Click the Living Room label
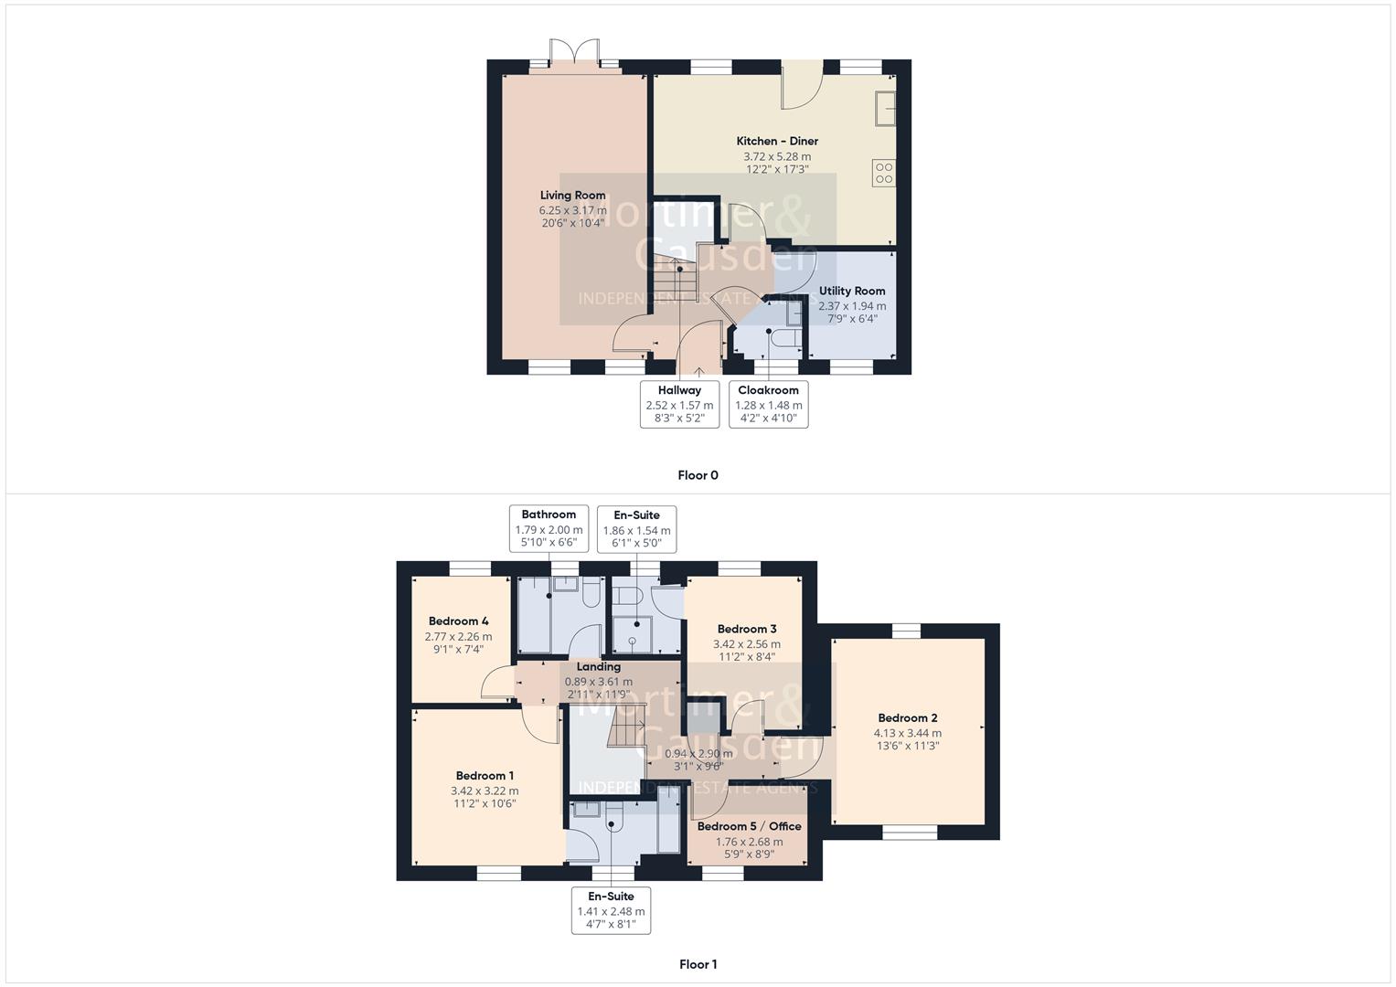tap(572, 195)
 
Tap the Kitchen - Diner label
tap(777, 141)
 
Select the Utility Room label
tap(851, 291)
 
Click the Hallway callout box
tap(679, 404)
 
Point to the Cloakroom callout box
tap(768, 404)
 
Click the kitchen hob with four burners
tap(883, 173)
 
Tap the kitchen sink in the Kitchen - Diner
tap(885, 109)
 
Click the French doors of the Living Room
tap(574, 53)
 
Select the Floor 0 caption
tap(698, 475)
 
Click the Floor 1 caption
tap(698, 964)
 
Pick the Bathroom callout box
tap(549, 528)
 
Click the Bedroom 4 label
tap(458, 621)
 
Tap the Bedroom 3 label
tap(747, 629)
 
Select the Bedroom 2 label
tap(907, 718)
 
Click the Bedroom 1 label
tap(485, 776)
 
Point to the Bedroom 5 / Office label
tap(749, 826)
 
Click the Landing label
tap(598, 666)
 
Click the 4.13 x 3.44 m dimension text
tap(907, 733)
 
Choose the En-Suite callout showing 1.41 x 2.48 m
tap(611, 910)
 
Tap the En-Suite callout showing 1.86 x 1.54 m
tap(636, 529)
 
